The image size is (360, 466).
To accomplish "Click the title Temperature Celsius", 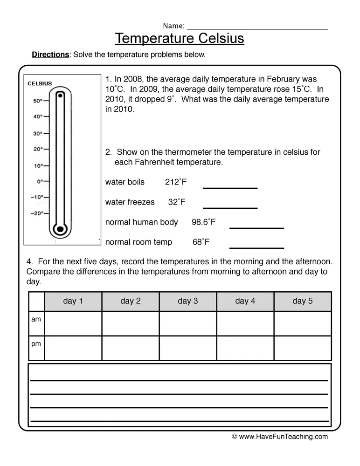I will click(x=180, y=38).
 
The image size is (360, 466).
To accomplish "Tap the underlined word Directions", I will click(x=50, y=55).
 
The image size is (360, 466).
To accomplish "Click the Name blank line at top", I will click(x=257, y=27).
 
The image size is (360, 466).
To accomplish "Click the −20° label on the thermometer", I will click(x=37, y=213).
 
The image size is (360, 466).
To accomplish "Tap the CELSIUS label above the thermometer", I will click(x=40, y=84).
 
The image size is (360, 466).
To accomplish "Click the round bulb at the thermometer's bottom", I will click(x=60, y=229).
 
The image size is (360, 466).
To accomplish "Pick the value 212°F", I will click(x=175, y=182).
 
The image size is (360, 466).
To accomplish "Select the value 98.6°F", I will click(x=203, y=222).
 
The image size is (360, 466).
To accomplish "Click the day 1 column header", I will click(x=73, y=301).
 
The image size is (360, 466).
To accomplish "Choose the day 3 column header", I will click(x=187, y=301).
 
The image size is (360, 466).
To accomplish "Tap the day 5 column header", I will click(x=302, y=301).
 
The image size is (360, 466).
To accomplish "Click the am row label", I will click(x=36, y=320).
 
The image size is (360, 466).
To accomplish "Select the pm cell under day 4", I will click(x=245, y=348).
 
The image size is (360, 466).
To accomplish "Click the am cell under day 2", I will click(x=130, y=323).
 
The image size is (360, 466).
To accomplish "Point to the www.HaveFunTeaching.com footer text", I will click(x=279, y=437).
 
